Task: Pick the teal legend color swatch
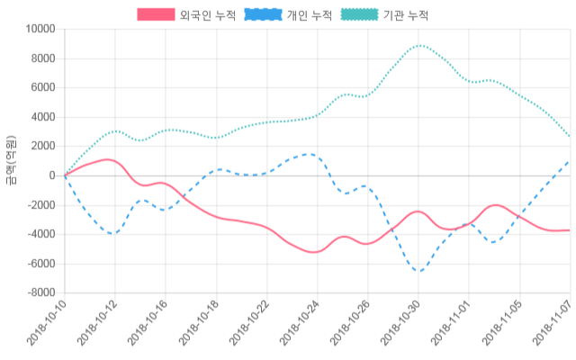(x=360, y=15)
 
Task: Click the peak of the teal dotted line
(x=419, y=45)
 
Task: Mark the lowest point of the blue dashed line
(x=419, y=271)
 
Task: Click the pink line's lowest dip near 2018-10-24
(x=312, y=252)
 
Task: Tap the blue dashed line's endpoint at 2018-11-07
(x=570, y=161)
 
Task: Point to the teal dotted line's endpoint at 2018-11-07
(x=570, y=137)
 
